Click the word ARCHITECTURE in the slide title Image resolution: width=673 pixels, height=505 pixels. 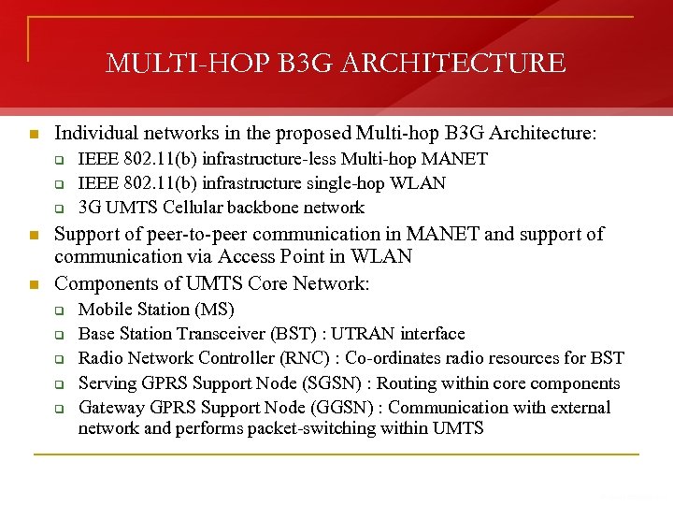pyautogui.click(x=455, y=64)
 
